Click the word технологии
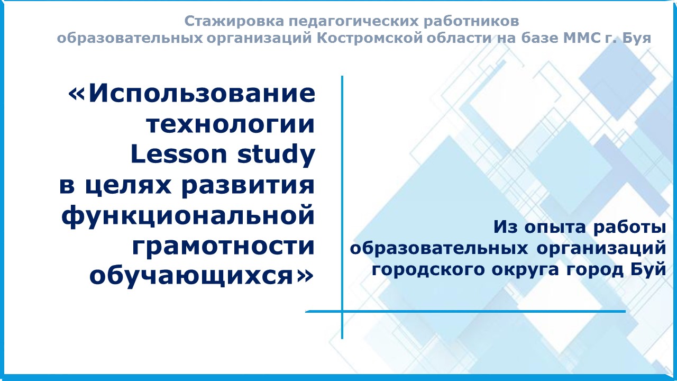(231, 124)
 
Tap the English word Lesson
(179, 154)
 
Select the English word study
(276, 155)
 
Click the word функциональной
(188, 216)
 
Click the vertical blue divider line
(342, 207)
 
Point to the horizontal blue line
(465, 311)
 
